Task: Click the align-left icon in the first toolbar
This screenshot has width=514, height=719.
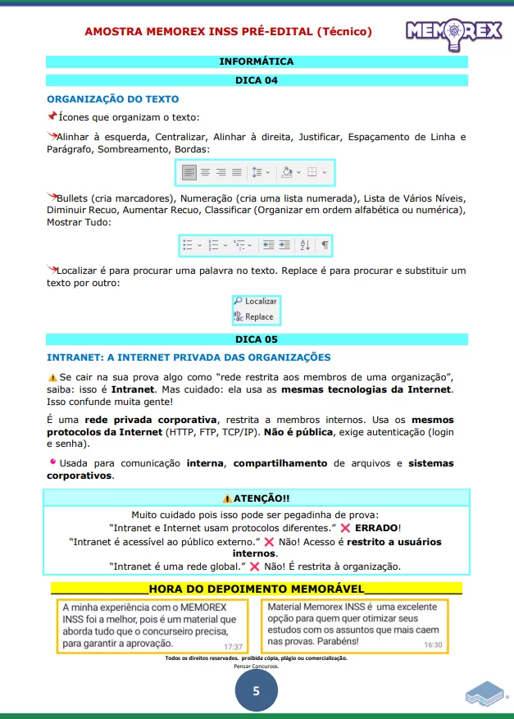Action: coord(189,172)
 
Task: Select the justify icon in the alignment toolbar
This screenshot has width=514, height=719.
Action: coord(237,172)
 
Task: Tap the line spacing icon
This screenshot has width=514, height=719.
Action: coord(257,172)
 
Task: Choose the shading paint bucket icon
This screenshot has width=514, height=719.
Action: coord(287,172)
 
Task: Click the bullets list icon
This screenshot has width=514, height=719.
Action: coord(188,244)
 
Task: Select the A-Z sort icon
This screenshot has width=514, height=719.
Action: coord(305,244)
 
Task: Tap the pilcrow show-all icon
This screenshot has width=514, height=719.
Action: coord(325,244)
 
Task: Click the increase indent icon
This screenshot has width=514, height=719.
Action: coord(284,244)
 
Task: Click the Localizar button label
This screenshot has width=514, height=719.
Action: coord(261,302)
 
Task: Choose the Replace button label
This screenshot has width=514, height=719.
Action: coord(259,316)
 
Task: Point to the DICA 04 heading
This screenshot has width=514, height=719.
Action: coord(257,80)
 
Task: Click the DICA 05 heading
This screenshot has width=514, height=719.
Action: coord(257,339)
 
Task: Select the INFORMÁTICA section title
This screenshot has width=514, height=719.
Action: coord(257,61)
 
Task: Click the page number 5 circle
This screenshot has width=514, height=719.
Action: coord(256,691)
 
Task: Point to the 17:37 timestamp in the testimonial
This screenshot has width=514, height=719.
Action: coord(233,646)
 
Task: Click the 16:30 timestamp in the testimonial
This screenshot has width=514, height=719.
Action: coord(433,645)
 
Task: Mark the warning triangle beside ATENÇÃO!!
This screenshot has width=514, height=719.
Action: coord(227,498)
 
